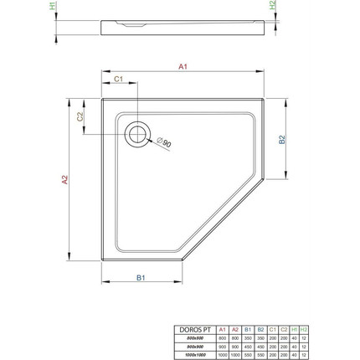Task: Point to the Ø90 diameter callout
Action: point(165,145)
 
